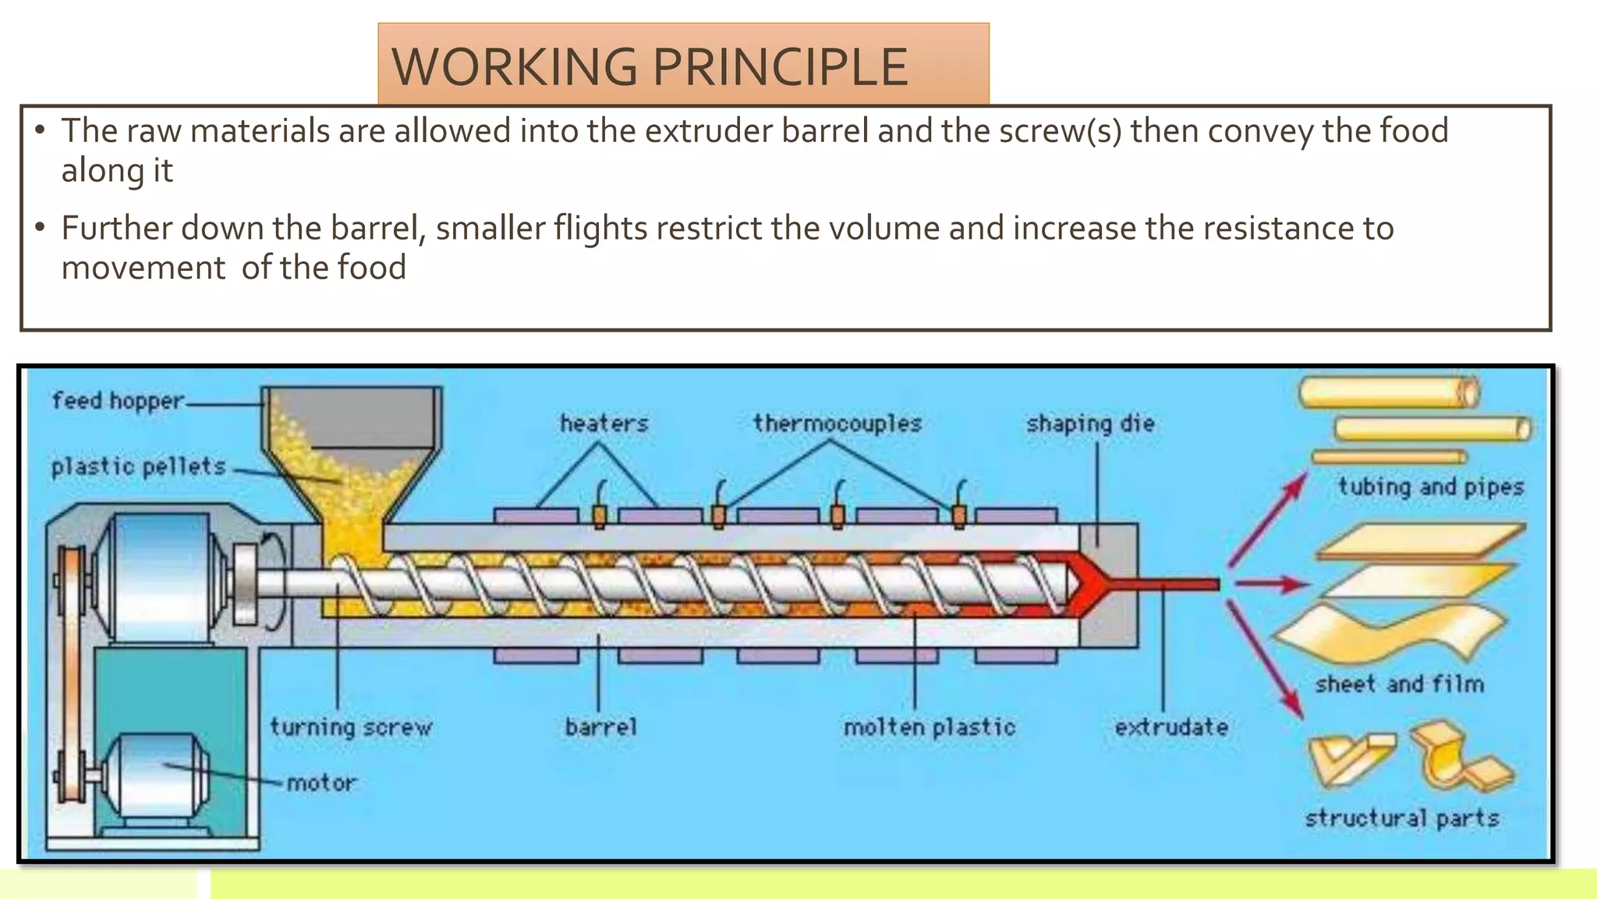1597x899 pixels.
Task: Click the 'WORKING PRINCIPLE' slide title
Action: [x=650, y=67]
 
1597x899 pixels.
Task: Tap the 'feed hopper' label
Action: [x=118, y=401]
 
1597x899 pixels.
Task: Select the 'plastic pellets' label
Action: [x=139, y=467]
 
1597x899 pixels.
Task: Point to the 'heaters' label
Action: [x=604, y=424]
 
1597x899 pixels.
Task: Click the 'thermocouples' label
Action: [x=837, y=424]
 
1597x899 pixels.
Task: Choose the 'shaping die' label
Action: [x=1090, y=424]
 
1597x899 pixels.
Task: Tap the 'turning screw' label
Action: [x=351, y=727]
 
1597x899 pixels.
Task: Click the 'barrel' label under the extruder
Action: [x=601, y=727]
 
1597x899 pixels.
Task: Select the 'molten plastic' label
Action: [x=930, y=727]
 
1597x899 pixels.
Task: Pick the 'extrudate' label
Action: [x=1171, y=727]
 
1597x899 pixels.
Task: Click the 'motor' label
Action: [x=321, y=783]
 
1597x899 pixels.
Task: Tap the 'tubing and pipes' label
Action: [x=1431, y=487]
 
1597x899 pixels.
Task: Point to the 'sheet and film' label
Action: [x=1400, y=684]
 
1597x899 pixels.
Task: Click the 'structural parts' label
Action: [x=1402, y=818]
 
